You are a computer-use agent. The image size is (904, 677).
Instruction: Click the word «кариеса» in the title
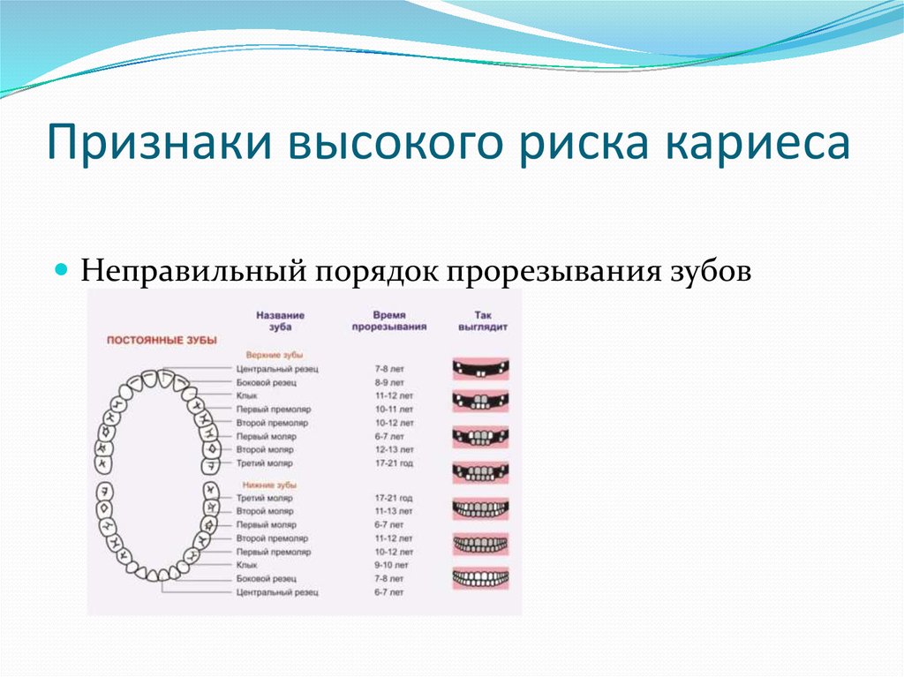757,142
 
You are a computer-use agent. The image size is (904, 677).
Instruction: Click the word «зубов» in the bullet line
711,270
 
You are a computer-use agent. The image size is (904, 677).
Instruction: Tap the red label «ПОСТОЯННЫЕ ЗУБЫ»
162,340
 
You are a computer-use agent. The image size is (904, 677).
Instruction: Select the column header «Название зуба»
280,321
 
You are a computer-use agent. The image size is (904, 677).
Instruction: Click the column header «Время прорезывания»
389,321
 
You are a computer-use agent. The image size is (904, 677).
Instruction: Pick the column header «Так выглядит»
483,321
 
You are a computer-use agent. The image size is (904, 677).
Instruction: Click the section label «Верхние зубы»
275,355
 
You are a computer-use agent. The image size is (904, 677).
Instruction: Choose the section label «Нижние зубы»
269,485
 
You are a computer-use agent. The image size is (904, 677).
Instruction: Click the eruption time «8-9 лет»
389,382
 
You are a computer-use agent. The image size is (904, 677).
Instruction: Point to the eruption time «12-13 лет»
395,450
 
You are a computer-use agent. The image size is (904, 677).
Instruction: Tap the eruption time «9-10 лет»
391,565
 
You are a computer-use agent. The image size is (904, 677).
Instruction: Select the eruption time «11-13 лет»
394,511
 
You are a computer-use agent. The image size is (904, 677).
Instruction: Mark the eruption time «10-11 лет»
394,410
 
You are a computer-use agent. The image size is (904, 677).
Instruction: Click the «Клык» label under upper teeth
247,396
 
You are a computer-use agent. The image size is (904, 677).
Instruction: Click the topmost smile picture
481,368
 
